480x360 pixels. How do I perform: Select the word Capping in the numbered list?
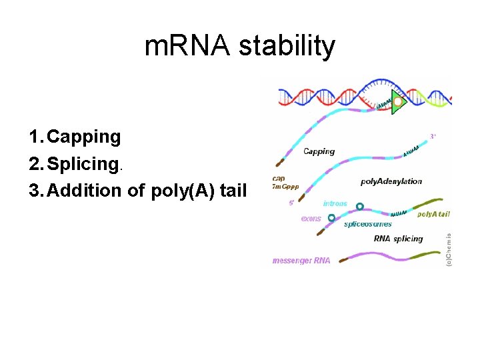84,137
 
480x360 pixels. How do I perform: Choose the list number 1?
35,137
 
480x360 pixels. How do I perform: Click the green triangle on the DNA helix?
399,102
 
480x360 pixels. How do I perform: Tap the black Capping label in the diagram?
319,151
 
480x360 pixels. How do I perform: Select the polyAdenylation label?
391,181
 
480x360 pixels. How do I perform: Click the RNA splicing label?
399,239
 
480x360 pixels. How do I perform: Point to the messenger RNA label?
301,261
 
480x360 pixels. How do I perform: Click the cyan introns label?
335,203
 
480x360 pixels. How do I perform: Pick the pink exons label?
311,218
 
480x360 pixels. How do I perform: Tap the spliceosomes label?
368,224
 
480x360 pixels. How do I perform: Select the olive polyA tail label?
434,214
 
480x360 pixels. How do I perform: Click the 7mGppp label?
286,186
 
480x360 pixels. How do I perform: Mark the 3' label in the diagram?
433,137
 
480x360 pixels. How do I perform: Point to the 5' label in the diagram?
291,203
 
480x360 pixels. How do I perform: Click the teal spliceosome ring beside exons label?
331,217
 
